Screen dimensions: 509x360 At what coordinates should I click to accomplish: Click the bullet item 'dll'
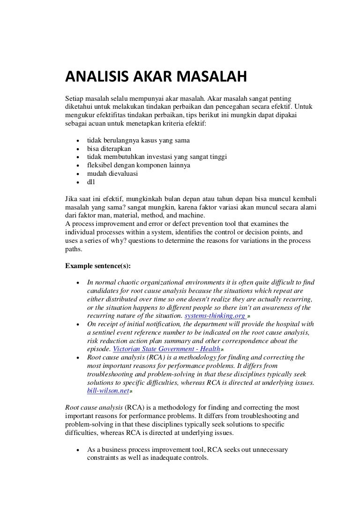(91, 182)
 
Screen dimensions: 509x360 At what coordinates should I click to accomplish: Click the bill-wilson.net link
(107, 390)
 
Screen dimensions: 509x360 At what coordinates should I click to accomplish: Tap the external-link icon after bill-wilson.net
(131, 391)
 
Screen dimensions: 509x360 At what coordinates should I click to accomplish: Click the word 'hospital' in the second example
(290, 324)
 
